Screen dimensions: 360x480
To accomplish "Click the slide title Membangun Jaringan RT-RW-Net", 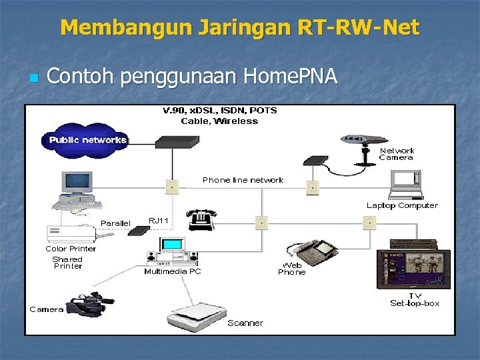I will (x=240, y=27).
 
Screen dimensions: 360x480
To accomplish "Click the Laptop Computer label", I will (x=402, y=205).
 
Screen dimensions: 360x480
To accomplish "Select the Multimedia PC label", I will (x=173, y=271).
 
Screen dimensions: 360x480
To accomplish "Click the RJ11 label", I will (x=159, y=220).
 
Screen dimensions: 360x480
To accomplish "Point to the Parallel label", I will (x=116, y=222).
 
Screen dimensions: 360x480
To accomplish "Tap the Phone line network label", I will (x=243, y=180).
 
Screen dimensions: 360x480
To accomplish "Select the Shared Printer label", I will (x=67, y=263).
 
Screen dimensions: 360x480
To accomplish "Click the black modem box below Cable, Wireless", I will (x=176, y=141).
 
